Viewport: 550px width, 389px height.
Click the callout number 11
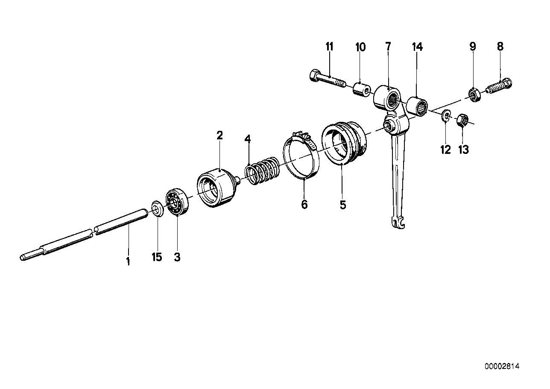[329, 47]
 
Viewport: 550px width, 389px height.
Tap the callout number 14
[418, 47]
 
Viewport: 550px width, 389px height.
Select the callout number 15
[157, 257]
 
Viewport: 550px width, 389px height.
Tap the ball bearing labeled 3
[177, 202]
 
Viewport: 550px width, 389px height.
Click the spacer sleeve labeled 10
[362, 89]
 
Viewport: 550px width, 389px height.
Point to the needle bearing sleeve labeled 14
[417, 106]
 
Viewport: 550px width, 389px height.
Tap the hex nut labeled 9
[473, 94]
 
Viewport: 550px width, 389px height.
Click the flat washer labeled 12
[445, 115]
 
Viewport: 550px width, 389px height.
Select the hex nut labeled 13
[462, 120]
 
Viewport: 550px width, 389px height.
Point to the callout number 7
[388, 46]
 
